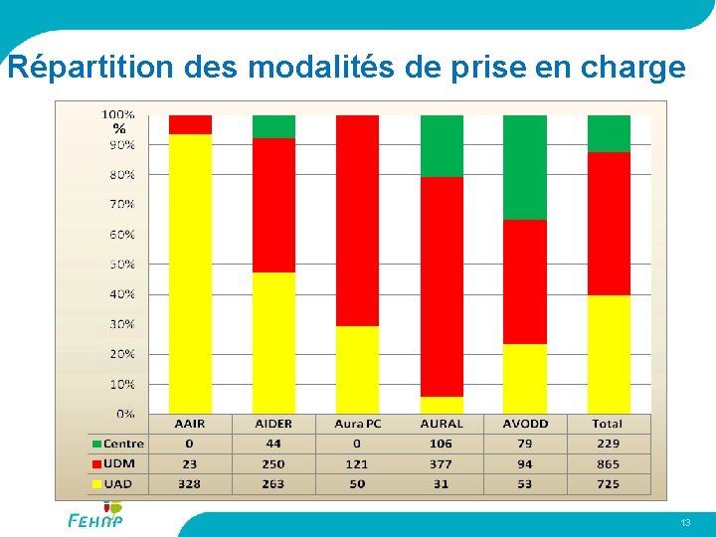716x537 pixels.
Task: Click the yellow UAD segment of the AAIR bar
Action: pyautogui.click(x=190, y=273)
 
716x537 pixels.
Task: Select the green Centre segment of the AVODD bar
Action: pyautogui.click(x=524, y=167)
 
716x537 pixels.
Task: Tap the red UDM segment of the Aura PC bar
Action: pyautogui.click(x=357, y=220)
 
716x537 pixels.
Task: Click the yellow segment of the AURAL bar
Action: pyautogui.click(x=441, y=405)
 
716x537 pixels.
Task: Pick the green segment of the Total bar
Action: pyautogui.click(x=608, y=133)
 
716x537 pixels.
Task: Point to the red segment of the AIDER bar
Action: pyautogui.click(x=273, y=205)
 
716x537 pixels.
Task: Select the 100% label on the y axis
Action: pyautogui.click(x=119, y=115)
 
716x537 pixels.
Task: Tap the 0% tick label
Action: pyautogui.click(x=124, y=414)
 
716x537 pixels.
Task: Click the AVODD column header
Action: pyautogui.click(x=524, y=424)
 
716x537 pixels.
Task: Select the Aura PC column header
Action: pyautogui.click(x=357, y=424)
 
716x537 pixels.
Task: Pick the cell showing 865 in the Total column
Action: pyautogui.click(x=608, y=464)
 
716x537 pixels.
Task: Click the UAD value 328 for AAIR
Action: pyautogui.click(x=190, y=484)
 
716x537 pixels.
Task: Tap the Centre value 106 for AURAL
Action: pyautogui.click(x=441, y=444)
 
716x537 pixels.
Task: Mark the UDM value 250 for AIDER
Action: pyautogui.click(x=273, y=464)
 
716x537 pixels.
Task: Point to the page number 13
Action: pyautogui.click(x=685, y=523)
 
